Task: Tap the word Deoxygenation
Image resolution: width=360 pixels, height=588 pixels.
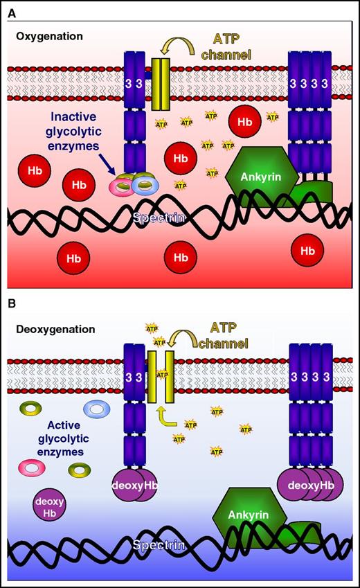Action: (55, 329)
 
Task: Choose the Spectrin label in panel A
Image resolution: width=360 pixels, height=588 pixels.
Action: (161, 218)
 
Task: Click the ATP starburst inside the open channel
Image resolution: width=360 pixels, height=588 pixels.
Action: (161, 375)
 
